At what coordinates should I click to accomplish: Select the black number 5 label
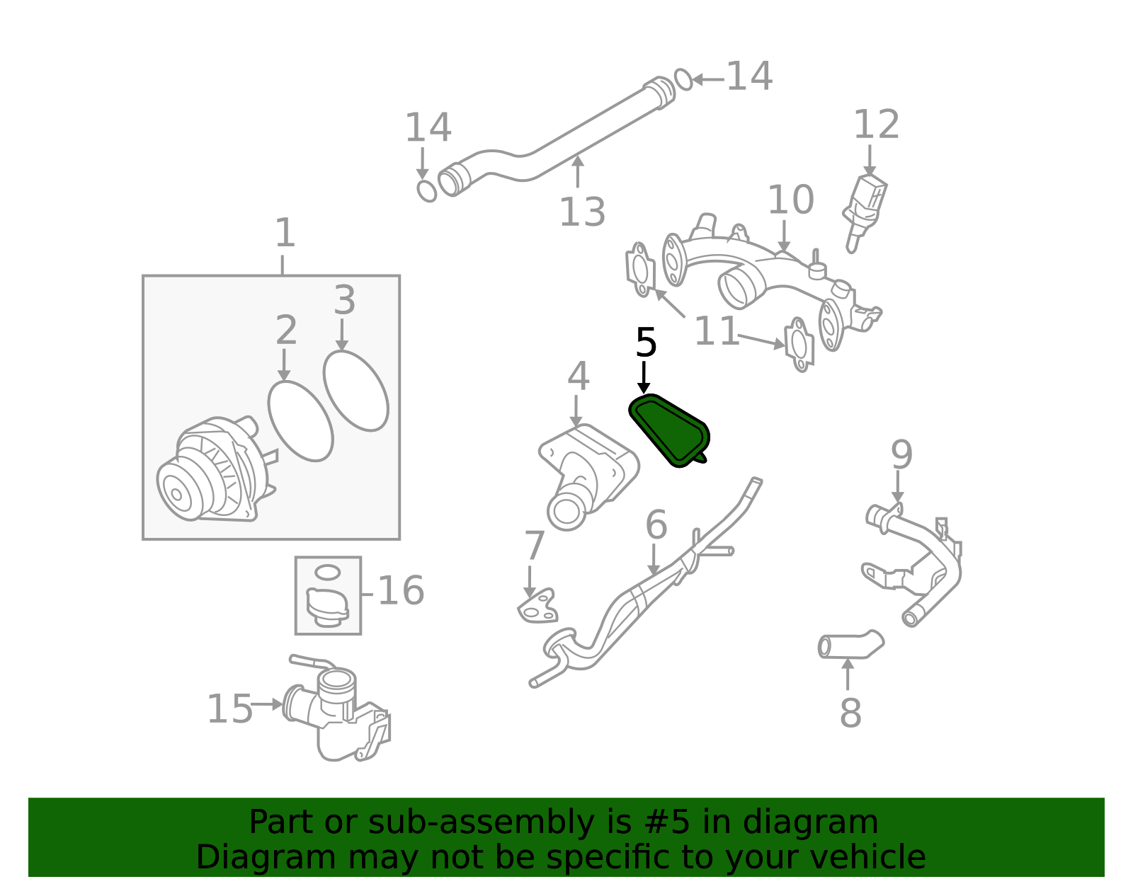point(646,343)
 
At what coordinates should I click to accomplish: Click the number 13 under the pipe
point(582,212)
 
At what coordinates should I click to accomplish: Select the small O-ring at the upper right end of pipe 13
point(683,79)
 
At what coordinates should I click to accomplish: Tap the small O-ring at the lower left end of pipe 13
point(426,190)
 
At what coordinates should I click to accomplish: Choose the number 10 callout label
point(790,200)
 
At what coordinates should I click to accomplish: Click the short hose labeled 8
point(850,645)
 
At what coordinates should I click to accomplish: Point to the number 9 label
point(901,454)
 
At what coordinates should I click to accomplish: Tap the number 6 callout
point(656,524)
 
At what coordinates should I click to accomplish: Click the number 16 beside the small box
point(401,590)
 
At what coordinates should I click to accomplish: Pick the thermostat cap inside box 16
point(328,606)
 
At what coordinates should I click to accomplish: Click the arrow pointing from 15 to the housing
point(267,704)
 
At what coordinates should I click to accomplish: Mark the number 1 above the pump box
point(285,233)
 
